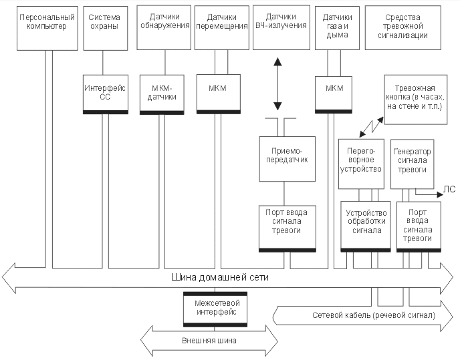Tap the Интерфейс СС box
pyautogui.click(x=103, y=92)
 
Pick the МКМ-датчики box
pyautogui.click(x=161, y=92)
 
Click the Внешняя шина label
pyautogui.click(x=209, y=341)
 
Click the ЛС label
pyautogui.click(x=449, y=189)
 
